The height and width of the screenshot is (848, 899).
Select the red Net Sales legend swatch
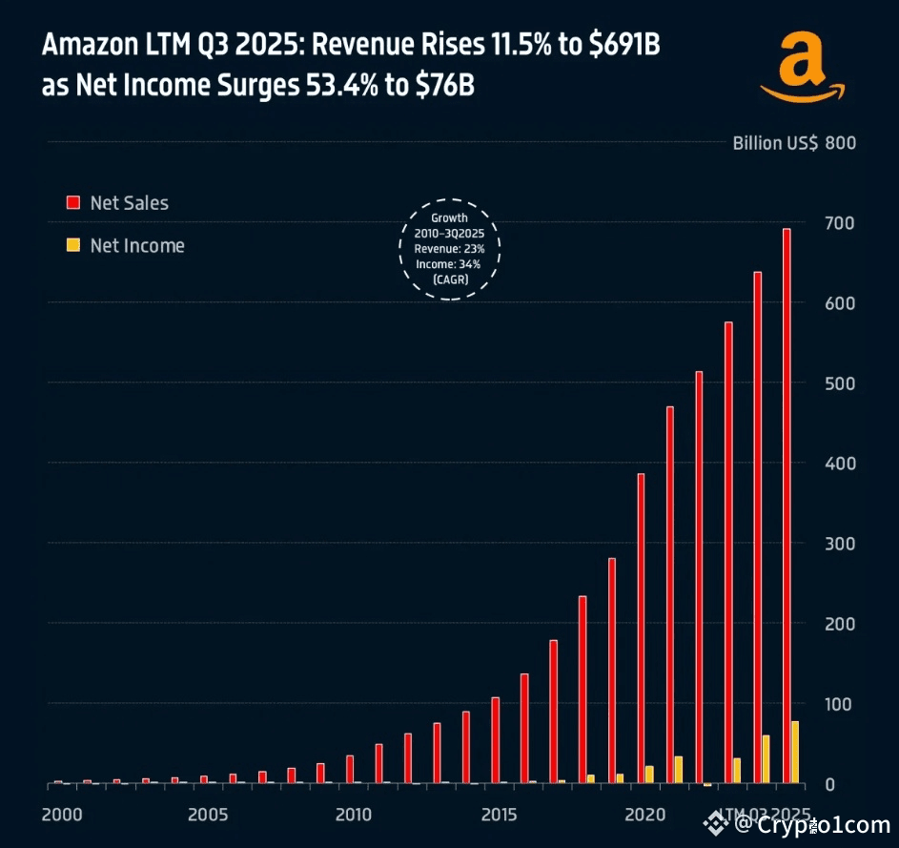tap(72, 202)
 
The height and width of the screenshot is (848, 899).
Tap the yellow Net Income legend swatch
tap(72, 245)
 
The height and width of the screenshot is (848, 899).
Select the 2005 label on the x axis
tap(208, 815)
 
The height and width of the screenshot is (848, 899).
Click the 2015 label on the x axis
tap(499, 815)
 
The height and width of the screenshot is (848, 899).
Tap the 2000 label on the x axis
tap(62, 815)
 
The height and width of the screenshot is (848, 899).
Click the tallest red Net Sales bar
tap(787, 506)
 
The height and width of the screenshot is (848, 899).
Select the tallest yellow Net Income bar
tap(795, 753)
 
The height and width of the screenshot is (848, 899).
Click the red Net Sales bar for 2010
tap(350, 769)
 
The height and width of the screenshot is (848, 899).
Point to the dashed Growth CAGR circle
tap(449, 249)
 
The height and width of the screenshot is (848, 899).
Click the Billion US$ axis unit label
tap(774, 143)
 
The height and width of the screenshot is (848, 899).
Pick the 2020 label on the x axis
tap(644, 815)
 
